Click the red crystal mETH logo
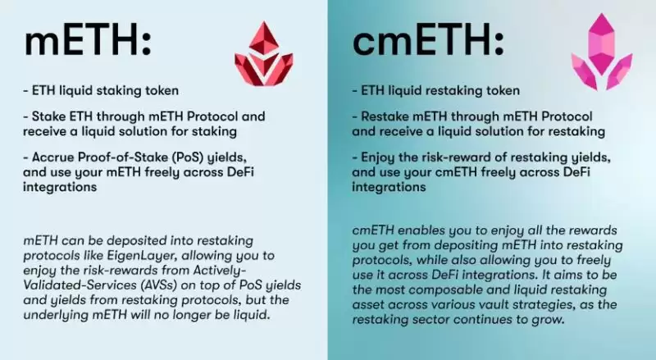pyautogui.click(x=263, y=54)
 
